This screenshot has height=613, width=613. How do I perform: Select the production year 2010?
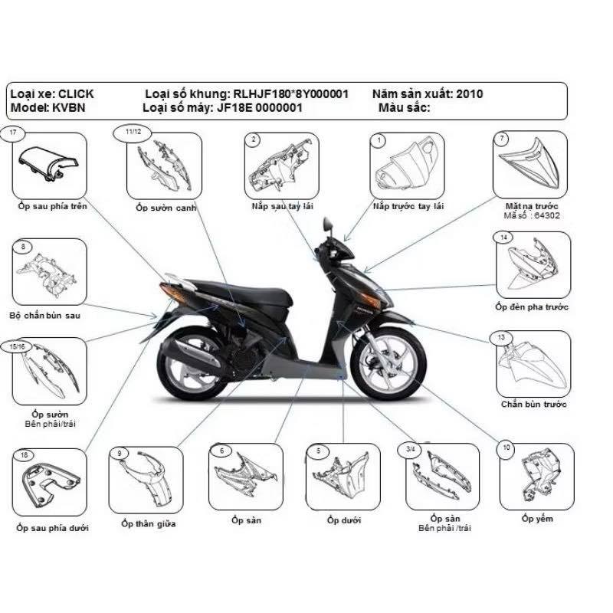(x=469, y=93)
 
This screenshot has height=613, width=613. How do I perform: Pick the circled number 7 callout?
(x=502, y=139)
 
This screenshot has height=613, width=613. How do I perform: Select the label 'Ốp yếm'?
(x=536, y=519)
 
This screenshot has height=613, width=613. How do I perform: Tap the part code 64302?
(x=543, y=216)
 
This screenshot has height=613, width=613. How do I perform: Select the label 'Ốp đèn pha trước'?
(x=531, y=306)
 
